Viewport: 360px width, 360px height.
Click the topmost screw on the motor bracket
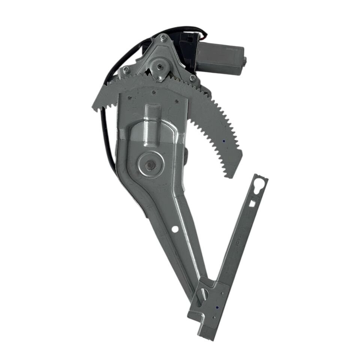pyautogui.click(x=163, y=37)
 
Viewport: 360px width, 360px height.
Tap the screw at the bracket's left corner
pyautogui.click(x=126, y=69)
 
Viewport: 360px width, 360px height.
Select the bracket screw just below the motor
pyautogui.click(x=192, y=78)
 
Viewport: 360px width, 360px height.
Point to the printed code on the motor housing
pyautogui.click(x=232, y=49)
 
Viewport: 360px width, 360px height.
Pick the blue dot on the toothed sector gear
pyautogui.click(x=223, y=141)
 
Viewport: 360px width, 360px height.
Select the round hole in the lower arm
pyautogui.click(x=175, y=229)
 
